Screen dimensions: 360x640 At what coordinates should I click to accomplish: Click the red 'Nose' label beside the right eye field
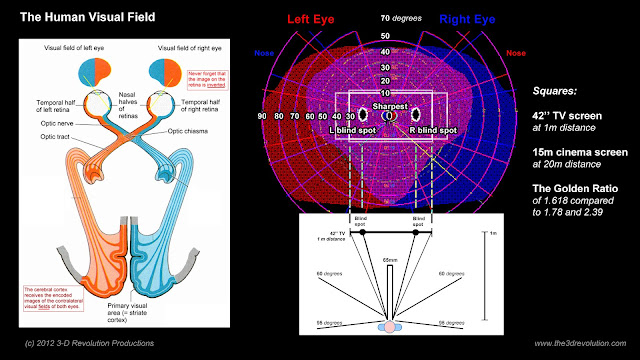coord(516,52)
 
